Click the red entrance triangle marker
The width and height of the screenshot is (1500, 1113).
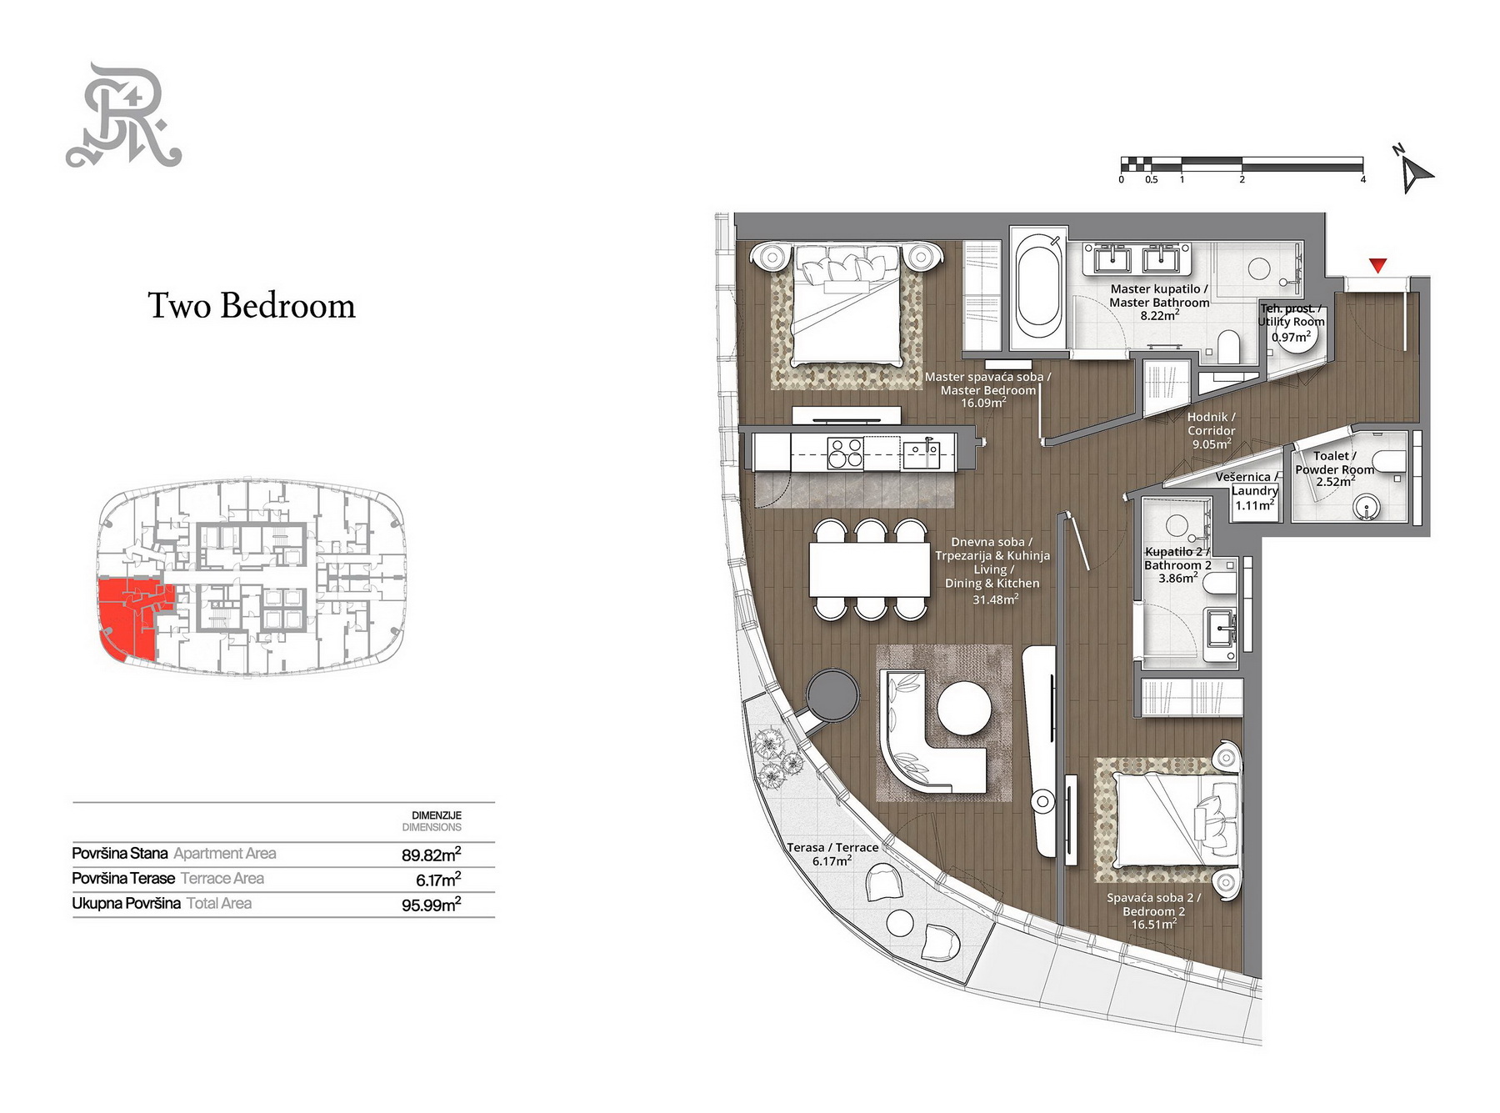click(1377, 265)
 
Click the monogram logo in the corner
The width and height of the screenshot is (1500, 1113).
click(124, 115)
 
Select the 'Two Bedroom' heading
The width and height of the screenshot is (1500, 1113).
click(252, 306)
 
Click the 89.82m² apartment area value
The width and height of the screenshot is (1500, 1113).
click(431, 855)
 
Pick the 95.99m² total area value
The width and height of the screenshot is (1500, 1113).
click(431, 905)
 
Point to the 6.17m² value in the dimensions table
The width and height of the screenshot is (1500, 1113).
click(438, 880)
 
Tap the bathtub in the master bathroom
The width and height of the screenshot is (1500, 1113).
click(1038, 289)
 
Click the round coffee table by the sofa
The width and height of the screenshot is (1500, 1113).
click(964, 709)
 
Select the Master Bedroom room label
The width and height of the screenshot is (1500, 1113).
click(988, 390)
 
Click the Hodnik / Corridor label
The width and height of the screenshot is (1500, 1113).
click(1212, 430)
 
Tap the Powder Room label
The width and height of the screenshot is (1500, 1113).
click(1335, 469)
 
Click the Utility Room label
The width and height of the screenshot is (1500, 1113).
click(1291, 323)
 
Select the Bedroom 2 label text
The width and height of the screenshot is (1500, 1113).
click(1154, 911)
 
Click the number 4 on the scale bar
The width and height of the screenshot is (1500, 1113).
click(1363, 179)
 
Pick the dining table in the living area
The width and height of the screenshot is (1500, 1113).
click(870, 569)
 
